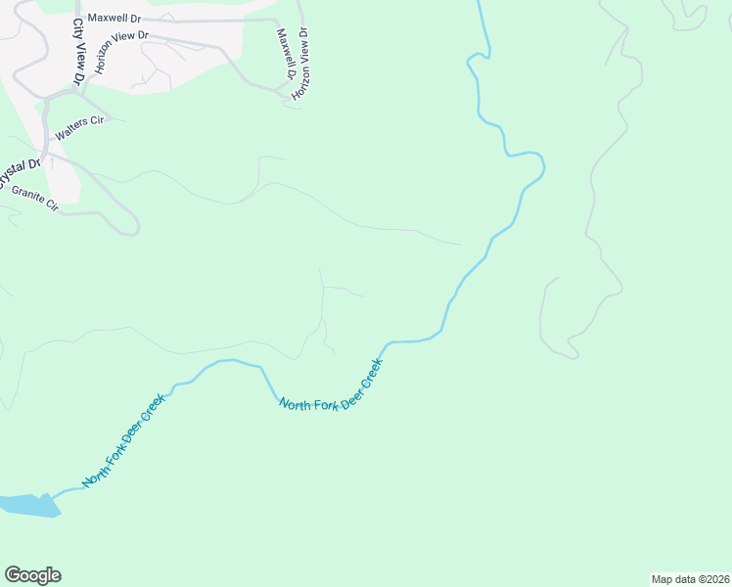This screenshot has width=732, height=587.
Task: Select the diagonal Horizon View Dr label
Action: [121, 52]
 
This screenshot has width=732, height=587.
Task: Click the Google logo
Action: [32, 575]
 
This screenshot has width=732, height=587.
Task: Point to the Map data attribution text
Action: [690, 578]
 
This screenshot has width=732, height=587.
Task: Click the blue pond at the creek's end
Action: [29, 505]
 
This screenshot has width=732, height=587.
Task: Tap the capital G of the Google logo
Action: [13, 575]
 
